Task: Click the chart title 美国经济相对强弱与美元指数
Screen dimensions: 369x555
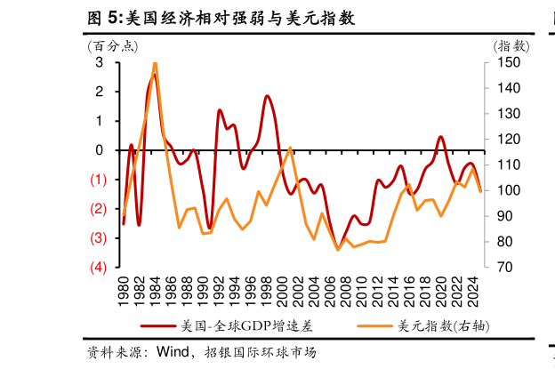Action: coord(220,17)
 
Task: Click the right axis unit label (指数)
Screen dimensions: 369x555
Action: coord(511,46)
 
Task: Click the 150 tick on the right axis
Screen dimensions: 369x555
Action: coord(504,62)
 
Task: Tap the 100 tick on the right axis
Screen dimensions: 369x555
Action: coord(504,190)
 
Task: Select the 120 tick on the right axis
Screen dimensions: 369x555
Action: coord(504,140)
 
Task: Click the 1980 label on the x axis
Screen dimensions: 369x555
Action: coord(124,289)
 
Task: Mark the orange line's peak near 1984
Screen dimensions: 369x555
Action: coord(155,63)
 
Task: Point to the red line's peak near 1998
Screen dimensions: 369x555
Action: coord(267,96)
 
